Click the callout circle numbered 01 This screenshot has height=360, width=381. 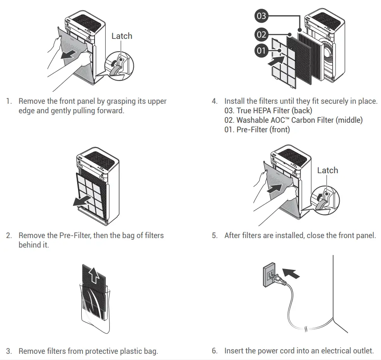coord(261,51)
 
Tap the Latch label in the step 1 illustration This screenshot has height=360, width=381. coord(122,36)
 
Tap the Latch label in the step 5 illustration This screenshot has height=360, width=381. coord(327,170)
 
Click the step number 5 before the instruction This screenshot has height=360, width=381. coord(214,236)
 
